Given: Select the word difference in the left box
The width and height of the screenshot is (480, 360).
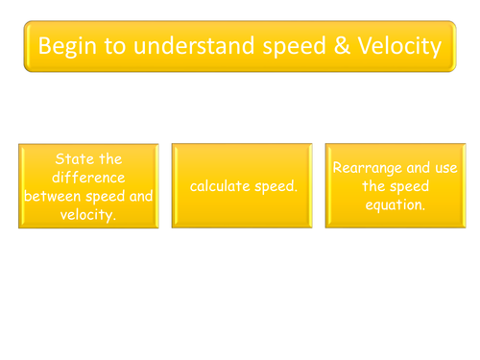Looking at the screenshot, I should pyautogui.click(x=88, y=177).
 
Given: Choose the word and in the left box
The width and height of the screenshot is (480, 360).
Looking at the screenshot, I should pyautogui.click(x=140, y=196).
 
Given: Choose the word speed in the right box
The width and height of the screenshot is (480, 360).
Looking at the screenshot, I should pyautogui.click(x=411, y=186).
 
